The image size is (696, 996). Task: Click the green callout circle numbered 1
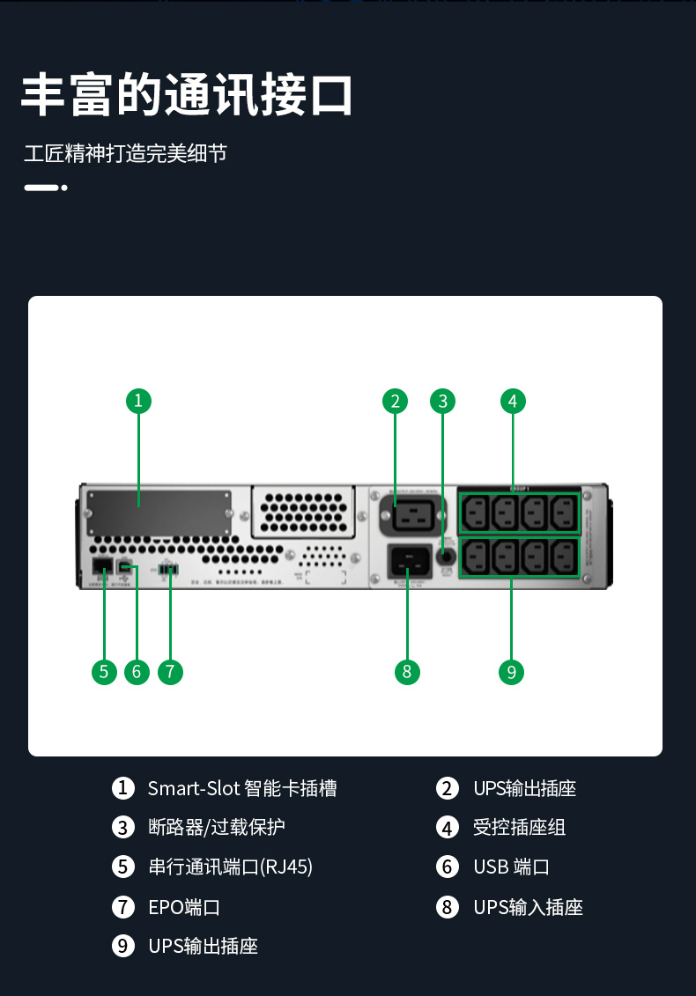coord(138,402)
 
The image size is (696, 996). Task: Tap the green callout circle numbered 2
coord(396,402)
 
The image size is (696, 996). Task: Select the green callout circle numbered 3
coord(443,402)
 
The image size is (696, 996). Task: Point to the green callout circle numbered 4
coord(513,402)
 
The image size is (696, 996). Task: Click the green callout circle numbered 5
coord(104,672)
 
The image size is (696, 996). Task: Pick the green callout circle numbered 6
coord(137,672)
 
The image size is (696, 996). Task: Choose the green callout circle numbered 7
coord(170,672)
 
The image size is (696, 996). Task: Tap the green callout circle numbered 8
coord(406,672)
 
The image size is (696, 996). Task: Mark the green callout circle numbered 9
coord(511,672)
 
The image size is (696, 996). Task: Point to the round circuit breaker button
coord(446,557)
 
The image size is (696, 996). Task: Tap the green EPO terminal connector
coord(169,569)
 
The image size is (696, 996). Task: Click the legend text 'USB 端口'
coord(511,867)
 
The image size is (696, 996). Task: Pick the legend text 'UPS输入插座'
coord(528,907)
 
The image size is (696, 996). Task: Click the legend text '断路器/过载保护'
coord(216,828)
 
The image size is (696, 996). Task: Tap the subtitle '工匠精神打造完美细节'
coord(125,154)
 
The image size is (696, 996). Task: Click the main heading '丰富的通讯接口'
coord(187,95)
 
